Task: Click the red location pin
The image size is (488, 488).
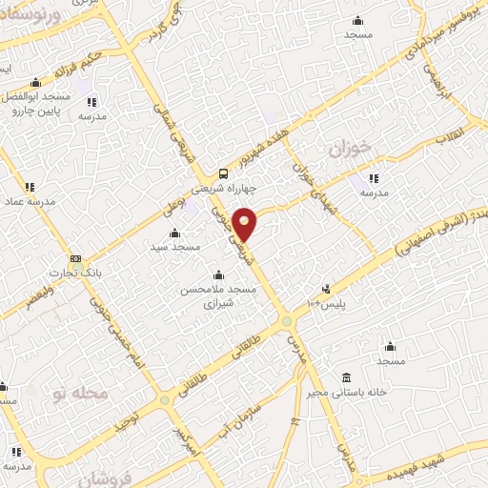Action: pyautogui.click(x=245, y=224)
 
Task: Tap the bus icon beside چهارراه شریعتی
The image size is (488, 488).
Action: pyautogui.click(x=223, y=173)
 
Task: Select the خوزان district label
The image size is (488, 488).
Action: pyautogui.click(x=348, y=150)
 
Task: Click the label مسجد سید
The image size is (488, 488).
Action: pyautogui.click(x=173, y=247)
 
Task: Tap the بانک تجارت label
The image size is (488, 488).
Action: pyautogui.click(x=107, y=269)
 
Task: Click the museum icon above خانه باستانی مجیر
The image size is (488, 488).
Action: pyautogui.click(x=344, y=376)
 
